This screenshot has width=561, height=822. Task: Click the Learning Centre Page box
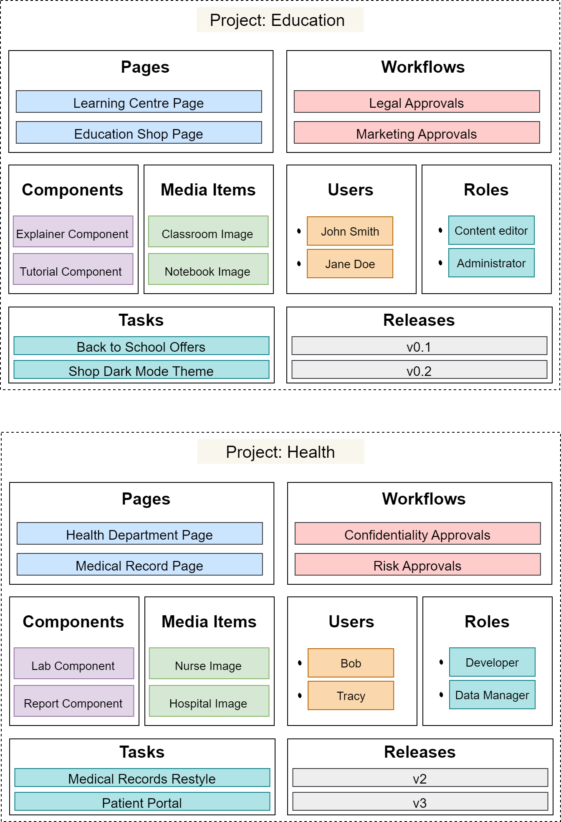click(x=139, y=102)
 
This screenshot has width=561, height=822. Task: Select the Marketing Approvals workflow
click(x=417, y=133)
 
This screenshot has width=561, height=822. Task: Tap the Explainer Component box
click(x=73, y=232)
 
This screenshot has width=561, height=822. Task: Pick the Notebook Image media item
click(x=208, y=269)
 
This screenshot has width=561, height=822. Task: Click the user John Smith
click(x=350, y=231)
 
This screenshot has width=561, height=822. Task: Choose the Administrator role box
click(x=491, y=263)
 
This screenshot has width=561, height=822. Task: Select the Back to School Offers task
click(x=141, y=346)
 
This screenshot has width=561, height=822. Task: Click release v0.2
click(x=419, y=370)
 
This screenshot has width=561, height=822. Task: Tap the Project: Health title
click(x=280, y=452)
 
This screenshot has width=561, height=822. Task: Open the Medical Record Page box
click(x=139, y=565)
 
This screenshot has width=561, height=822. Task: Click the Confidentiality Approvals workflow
click(x=417, y=534)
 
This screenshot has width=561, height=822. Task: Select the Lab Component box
click(x=73, y=664)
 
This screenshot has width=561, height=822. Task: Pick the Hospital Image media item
click(x=209, y=701)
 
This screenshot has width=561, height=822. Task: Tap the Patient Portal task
click(x=142, y=802)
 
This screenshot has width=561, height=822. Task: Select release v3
click(x=420, y=802)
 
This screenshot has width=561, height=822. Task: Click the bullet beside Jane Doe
click(x=299, y=264)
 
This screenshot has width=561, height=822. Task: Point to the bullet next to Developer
click(x=441, y=662)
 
